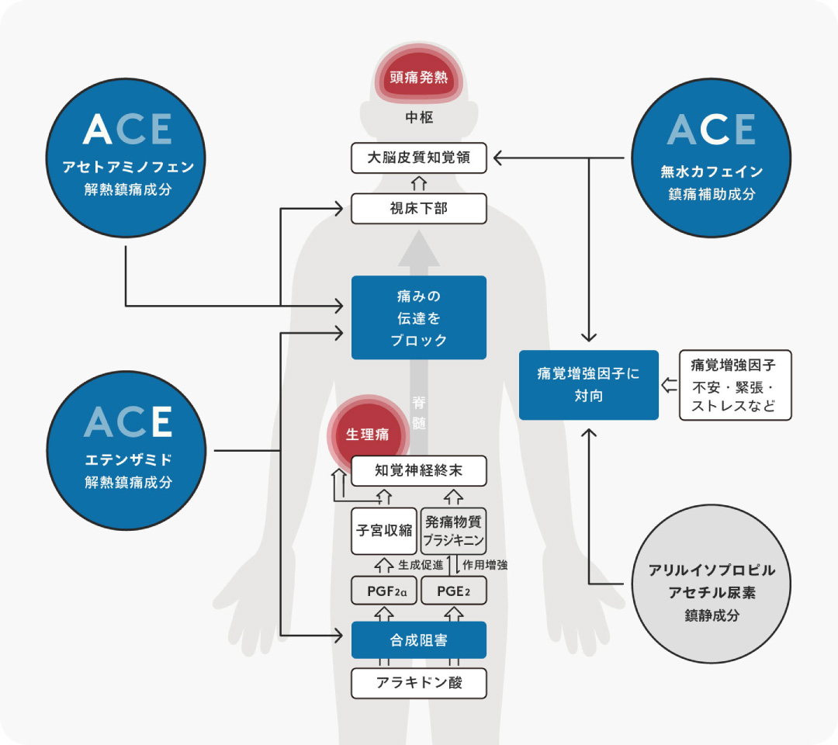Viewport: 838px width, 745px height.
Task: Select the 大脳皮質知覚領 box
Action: [x=418, y=159]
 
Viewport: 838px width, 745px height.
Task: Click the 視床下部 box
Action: [x=418, y=208]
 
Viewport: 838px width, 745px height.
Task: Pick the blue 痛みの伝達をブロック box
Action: [x=418, y=317]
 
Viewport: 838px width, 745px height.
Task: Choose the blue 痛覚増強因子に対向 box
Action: [x=588, y=385]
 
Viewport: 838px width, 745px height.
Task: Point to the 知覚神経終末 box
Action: [x=418, y=471]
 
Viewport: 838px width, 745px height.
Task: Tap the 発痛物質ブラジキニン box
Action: [x=454, y=531]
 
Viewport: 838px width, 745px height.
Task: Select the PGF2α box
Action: [x=384, y=591]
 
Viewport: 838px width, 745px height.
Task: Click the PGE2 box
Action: [x=454, y=591]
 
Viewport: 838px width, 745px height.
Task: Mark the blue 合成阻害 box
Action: [x=418, y=640]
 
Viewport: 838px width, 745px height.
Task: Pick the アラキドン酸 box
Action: [x=418, y=684]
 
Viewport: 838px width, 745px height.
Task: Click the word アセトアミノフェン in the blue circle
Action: [x=128, y=166]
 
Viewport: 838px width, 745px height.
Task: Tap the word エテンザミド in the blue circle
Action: [x=128, y=459]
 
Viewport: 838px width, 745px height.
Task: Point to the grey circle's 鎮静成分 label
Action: [x=712, y=615]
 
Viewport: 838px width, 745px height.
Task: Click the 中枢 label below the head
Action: [x=418, y=118]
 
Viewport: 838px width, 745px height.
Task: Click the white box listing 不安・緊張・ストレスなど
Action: [x=735, y=385]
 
